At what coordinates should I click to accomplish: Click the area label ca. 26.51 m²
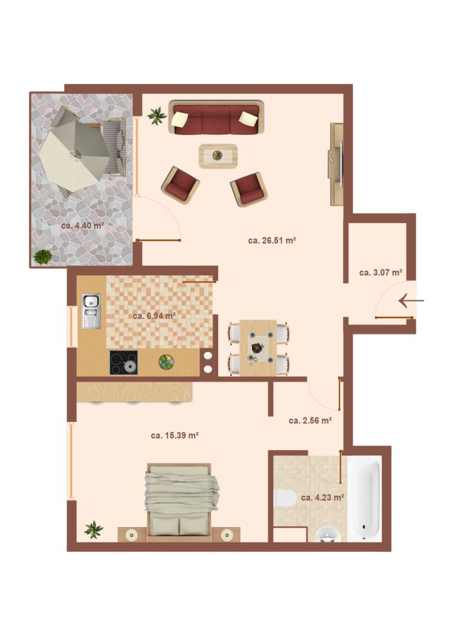click(x=272, y=240)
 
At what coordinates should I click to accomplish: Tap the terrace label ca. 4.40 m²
click(x=83, y=225)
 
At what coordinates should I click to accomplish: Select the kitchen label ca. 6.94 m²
click(x=154, y=315)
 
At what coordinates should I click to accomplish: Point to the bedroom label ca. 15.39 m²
click(x=174, y=435)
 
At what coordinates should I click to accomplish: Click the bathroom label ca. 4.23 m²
click(x=323, y=497)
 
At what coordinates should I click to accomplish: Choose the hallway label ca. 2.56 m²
click(x=311, y=421)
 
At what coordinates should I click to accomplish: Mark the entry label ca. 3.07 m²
click(x=381, y=272)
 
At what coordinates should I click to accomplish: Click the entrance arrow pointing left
click(x=412, y=301)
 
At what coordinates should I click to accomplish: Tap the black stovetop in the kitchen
click(x=124, y=363)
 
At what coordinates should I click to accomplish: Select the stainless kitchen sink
click(x=91, y=310)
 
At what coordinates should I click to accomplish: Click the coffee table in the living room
click(x=218, y=156)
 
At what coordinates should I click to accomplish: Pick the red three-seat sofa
click(x=217, y=117)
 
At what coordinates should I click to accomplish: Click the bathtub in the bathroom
click(x=365, y=499)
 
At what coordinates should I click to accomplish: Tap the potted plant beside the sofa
click(x=157, y=116)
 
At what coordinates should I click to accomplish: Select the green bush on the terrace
click(x=42, y=257)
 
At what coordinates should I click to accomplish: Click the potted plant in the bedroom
click(x=94, y=529)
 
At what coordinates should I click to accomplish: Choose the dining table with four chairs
click(x=258, y=347)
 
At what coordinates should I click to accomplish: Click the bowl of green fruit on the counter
click(x=166, y=362)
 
